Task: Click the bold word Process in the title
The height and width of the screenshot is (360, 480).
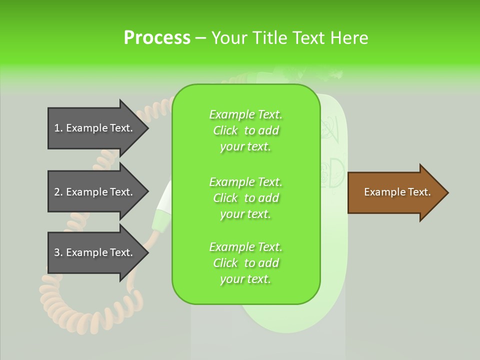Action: click(x=157, y=37)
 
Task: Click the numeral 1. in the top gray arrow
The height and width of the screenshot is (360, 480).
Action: click(x=58, y=128)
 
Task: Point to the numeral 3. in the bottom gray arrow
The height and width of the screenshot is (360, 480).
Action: click(x=58, y=252)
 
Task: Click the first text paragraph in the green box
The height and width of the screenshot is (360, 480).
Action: click(x=245, y=130)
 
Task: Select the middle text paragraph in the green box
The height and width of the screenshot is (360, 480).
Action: click(x=245, y=197)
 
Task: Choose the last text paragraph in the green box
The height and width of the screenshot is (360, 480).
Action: click(x=245, y=263)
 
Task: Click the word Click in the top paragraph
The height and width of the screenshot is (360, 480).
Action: click(x=225, y=130)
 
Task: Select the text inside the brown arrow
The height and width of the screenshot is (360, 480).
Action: click(x=397, y=192)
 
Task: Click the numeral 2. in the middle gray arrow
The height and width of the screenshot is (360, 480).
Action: click(x=58, y=192)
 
